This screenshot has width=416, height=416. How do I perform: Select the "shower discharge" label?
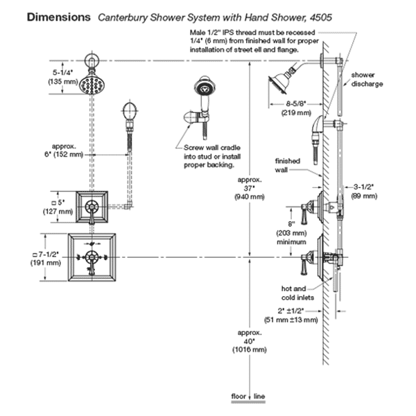(367, 78)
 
